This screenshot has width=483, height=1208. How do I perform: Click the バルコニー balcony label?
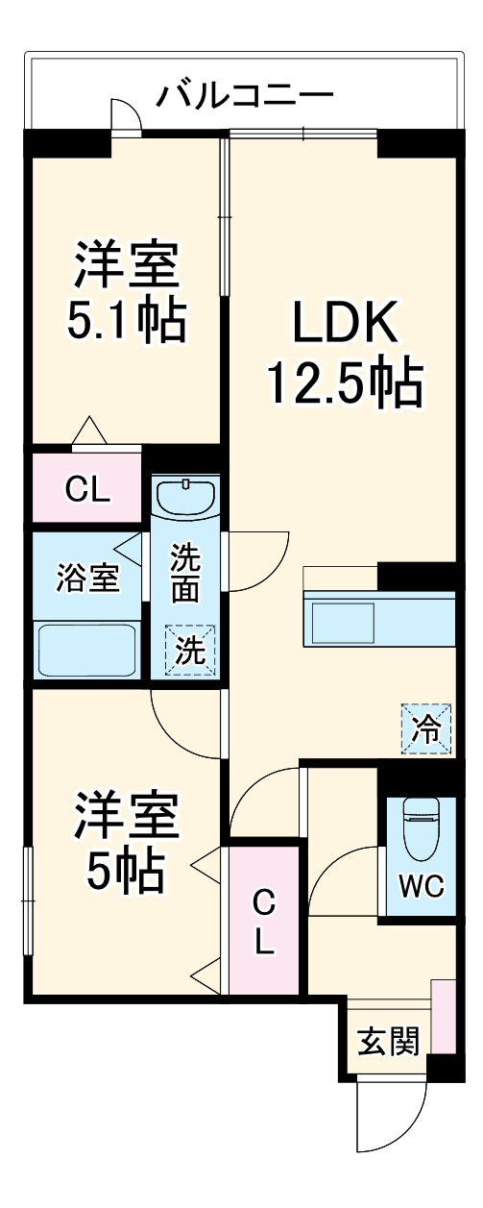(246, 96)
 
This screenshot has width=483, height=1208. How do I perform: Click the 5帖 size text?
(126, 871)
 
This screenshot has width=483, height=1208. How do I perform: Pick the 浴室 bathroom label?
(87, 579)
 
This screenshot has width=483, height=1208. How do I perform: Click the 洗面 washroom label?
(185, 573)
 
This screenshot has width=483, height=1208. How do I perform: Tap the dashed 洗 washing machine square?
(188, 651)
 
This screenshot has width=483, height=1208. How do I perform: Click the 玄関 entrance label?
(388, 1041)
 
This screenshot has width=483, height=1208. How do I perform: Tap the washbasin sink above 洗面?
(185, 498)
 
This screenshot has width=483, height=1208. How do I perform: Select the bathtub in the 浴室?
(87, 650)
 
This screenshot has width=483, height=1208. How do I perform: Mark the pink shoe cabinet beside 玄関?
(442, 1017)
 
